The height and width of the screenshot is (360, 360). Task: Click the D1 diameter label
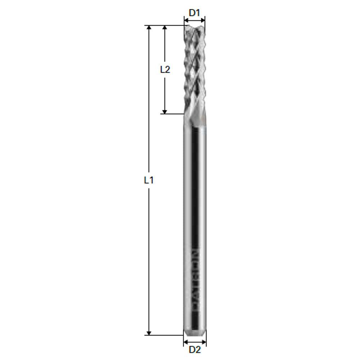194,13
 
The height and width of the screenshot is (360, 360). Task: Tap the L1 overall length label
149,180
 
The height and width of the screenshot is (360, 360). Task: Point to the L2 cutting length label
165,69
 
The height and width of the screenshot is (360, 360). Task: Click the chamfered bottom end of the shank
195,332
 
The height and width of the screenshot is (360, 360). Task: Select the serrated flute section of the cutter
194,68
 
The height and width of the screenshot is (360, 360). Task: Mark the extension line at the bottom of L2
173,114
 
